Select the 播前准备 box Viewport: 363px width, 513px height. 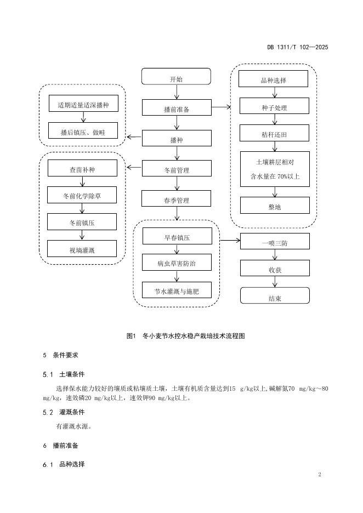[176, 109]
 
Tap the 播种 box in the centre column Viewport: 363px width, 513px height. [176, 139]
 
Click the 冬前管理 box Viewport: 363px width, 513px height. [176, 169]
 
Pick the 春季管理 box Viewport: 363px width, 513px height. [176, 200]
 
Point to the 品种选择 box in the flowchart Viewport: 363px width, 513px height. [273, 79]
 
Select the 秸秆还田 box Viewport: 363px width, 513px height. [273, 133]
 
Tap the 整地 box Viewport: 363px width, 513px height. [273, 206]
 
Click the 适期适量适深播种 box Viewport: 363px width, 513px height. [83, 105]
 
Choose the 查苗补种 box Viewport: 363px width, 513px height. [82, 169]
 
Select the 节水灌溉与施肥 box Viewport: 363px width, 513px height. [176, 290]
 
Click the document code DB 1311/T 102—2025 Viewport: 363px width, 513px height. [297, 47]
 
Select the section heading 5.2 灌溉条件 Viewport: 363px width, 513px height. [65, 412]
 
